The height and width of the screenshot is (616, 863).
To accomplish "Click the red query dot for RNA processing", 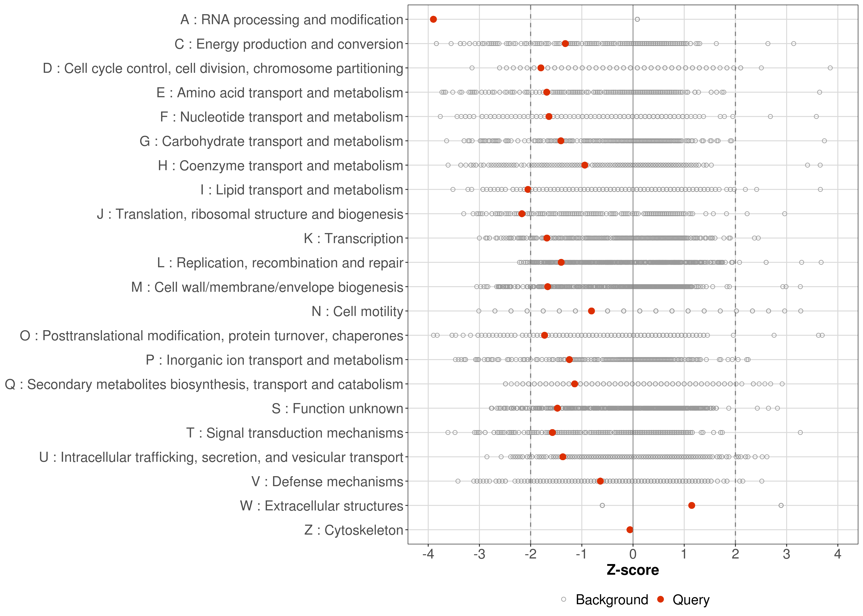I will pyautogui.click(x=433, y=19).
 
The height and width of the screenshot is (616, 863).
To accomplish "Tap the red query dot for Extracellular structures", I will pyautogui.click(x=691, y=506).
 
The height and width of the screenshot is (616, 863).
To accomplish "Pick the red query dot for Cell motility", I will pyautogui.click(x=591, y=311).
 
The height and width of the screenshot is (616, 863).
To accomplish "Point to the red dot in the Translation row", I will pyautogui.click(x=522, y=214).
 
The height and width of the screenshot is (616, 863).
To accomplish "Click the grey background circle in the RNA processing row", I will pyautogui.click(x=637, y=19).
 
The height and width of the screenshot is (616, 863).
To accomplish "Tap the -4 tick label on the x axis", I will pyautogui.click(x=428, y=555).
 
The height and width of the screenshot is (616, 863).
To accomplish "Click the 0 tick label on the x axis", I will pyautogui.click(x=633, y=555).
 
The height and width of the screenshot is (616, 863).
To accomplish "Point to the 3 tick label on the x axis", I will pyautogui.click(x=786, y=555).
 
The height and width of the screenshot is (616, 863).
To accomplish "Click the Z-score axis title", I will pyautogui.click(x=633, y=570).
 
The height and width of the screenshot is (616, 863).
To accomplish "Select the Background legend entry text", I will pyautogui.click(x=612, y=600).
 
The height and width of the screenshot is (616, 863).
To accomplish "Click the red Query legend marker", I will pyautogui.click(x=661, y=599).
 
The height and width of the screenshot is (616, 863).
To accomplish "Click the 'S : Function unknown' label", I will pyautogui.click(x=337, y=409).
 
